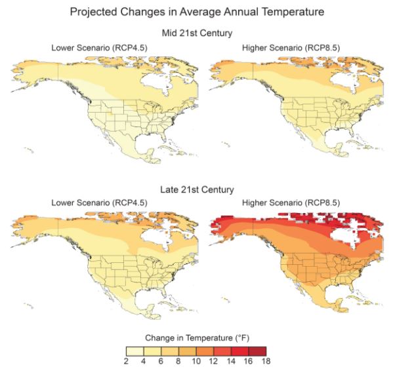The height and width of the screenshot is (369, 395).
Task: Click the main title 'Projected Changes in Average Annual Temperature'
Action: [197, 12]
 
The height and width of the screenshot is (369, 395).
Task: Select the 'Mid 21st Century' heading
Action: [197, 33]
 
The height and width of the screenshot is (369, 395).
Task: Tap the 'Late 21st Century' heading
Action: [197, 190]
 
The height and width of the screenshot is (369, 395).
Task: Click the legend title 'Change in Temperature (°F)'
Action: [197, 338]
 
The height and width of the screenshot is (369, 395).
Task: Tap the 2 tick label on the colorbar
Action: [125, 361]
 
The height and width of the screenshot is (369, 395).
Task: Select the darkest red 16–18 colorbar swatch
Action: [260, 350]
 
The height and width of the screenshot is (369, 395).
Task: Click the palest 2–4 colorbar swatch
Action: [134, 350]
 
